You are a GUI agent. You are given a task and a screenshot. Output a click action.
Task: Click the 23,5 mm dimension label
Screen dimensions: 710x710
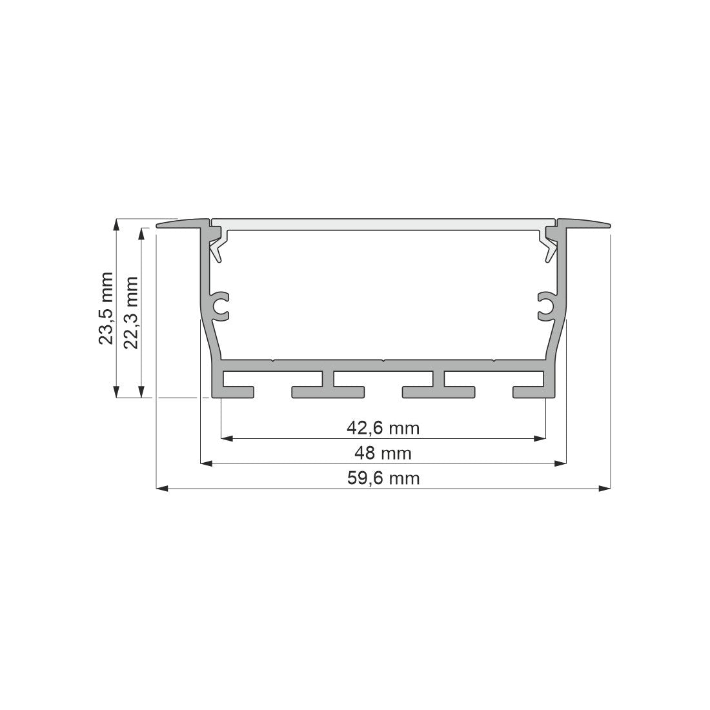click(106, 309)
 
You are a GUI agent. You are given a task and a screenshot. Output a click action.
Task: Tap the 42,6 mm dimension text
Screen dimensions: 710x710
click(383, 427)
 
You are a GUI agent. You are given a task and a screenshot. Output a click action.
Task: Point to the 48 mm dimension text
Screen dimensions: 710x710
click(383, 452)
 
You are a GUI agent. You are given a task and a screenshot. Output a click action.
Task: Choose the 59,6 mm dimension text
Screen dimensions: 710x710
click(383, 478)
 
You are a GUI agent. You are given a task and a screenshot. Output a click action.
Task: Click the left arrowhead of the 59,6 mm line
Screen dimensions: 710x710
click(162, 489)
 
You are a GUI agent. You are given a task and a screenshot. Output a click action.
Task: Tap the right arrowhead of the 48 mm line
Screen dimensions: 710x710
click(561, 463)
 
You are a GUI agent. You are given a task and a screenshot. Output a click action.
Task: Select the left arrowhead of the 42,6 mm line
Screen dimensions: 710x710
click(227, 439)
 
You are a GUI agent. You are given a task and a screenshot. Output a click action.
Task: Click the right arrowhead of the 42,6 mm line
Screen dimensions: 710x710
click(540, 439)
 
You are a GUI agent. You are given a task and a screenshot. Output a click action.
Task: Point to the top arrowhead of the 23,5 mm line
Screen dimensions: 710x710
click(116, 225)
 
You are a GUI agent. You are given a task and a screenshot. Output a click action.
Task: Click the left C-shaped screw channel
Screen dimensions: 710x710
click(221, 306)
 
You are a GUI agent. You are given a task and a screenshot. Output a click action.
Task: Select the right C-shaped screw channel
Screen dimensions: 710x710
click(546, 306)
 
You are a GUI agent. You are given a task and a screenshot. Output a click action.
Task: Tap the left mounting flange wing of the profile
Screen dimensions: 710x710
click(181, 223)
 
